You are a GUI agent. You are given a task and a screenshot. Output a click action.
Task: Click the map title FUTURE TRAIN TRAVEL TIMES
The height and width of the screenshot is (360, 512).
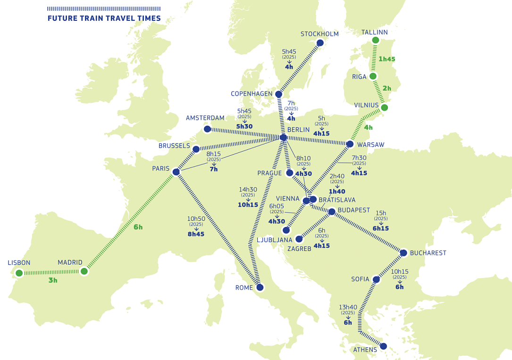104,18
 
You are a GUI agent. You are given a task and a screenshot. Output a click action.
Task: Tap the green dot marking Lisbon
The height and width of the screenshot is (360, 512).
19,273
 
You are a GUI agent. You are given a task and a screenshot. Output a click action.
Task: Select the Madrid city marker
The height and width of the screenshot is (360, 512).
84,271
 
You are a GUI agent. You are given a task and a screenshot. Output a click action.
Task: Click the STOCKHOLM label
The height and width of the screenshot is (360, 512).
319,34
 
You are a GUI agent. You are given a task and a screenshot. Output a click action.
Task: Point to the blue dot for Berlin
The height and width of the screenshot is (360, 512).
283,137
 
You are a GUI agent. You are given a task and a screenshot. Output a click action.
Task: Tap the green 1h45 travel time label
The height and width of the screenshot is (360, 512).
386,59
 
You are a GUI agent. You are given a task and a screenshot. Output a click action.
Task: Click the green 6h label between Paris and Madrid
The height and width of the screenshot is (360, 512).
138,227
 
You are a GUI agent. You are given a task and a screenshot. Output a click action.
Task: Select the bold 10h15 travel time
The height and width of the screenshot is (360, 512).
248,205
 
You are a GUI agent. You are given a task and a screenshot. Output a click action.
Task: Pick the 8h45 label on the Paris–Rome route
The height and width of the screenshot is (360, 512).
195,234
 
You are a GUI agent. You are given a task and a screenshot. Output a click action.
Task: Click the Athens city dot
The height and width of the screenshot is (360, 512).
383,346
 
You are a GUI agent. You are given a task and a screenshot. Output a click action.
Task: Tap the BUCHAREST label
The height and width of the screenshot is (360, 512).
428,253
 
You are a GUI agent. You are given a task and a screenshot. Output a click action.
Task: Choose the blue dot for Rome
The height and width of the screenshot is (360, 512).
260,287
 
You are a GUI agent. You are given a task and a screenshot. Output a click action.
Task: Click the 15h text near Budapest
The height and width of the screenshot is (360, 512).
380,213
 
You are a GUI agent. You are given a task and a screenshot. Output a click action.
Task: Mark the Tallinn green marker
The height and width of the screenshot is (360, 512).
375,40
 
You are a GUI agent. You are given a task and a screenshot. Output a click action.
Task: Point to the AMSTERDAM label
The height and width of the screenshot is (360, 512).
205,118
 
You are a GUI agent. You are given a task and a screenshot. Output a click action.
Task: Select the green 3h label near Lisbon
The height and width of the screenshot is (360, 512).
53,280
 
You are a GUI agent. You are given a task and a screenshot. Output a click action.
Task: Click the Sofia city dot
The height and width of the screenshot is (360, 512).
376,279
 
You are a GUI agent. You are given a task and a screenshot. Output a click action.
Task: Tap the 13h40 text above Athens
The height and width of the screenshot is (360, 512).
348,307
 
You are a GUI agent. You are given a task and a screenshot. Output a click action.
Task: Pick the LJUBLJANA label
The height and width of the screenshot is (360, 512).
275,240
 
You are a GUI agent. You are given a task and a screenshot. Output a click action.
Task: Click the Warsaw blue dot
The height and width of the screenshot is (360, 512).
350,144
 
